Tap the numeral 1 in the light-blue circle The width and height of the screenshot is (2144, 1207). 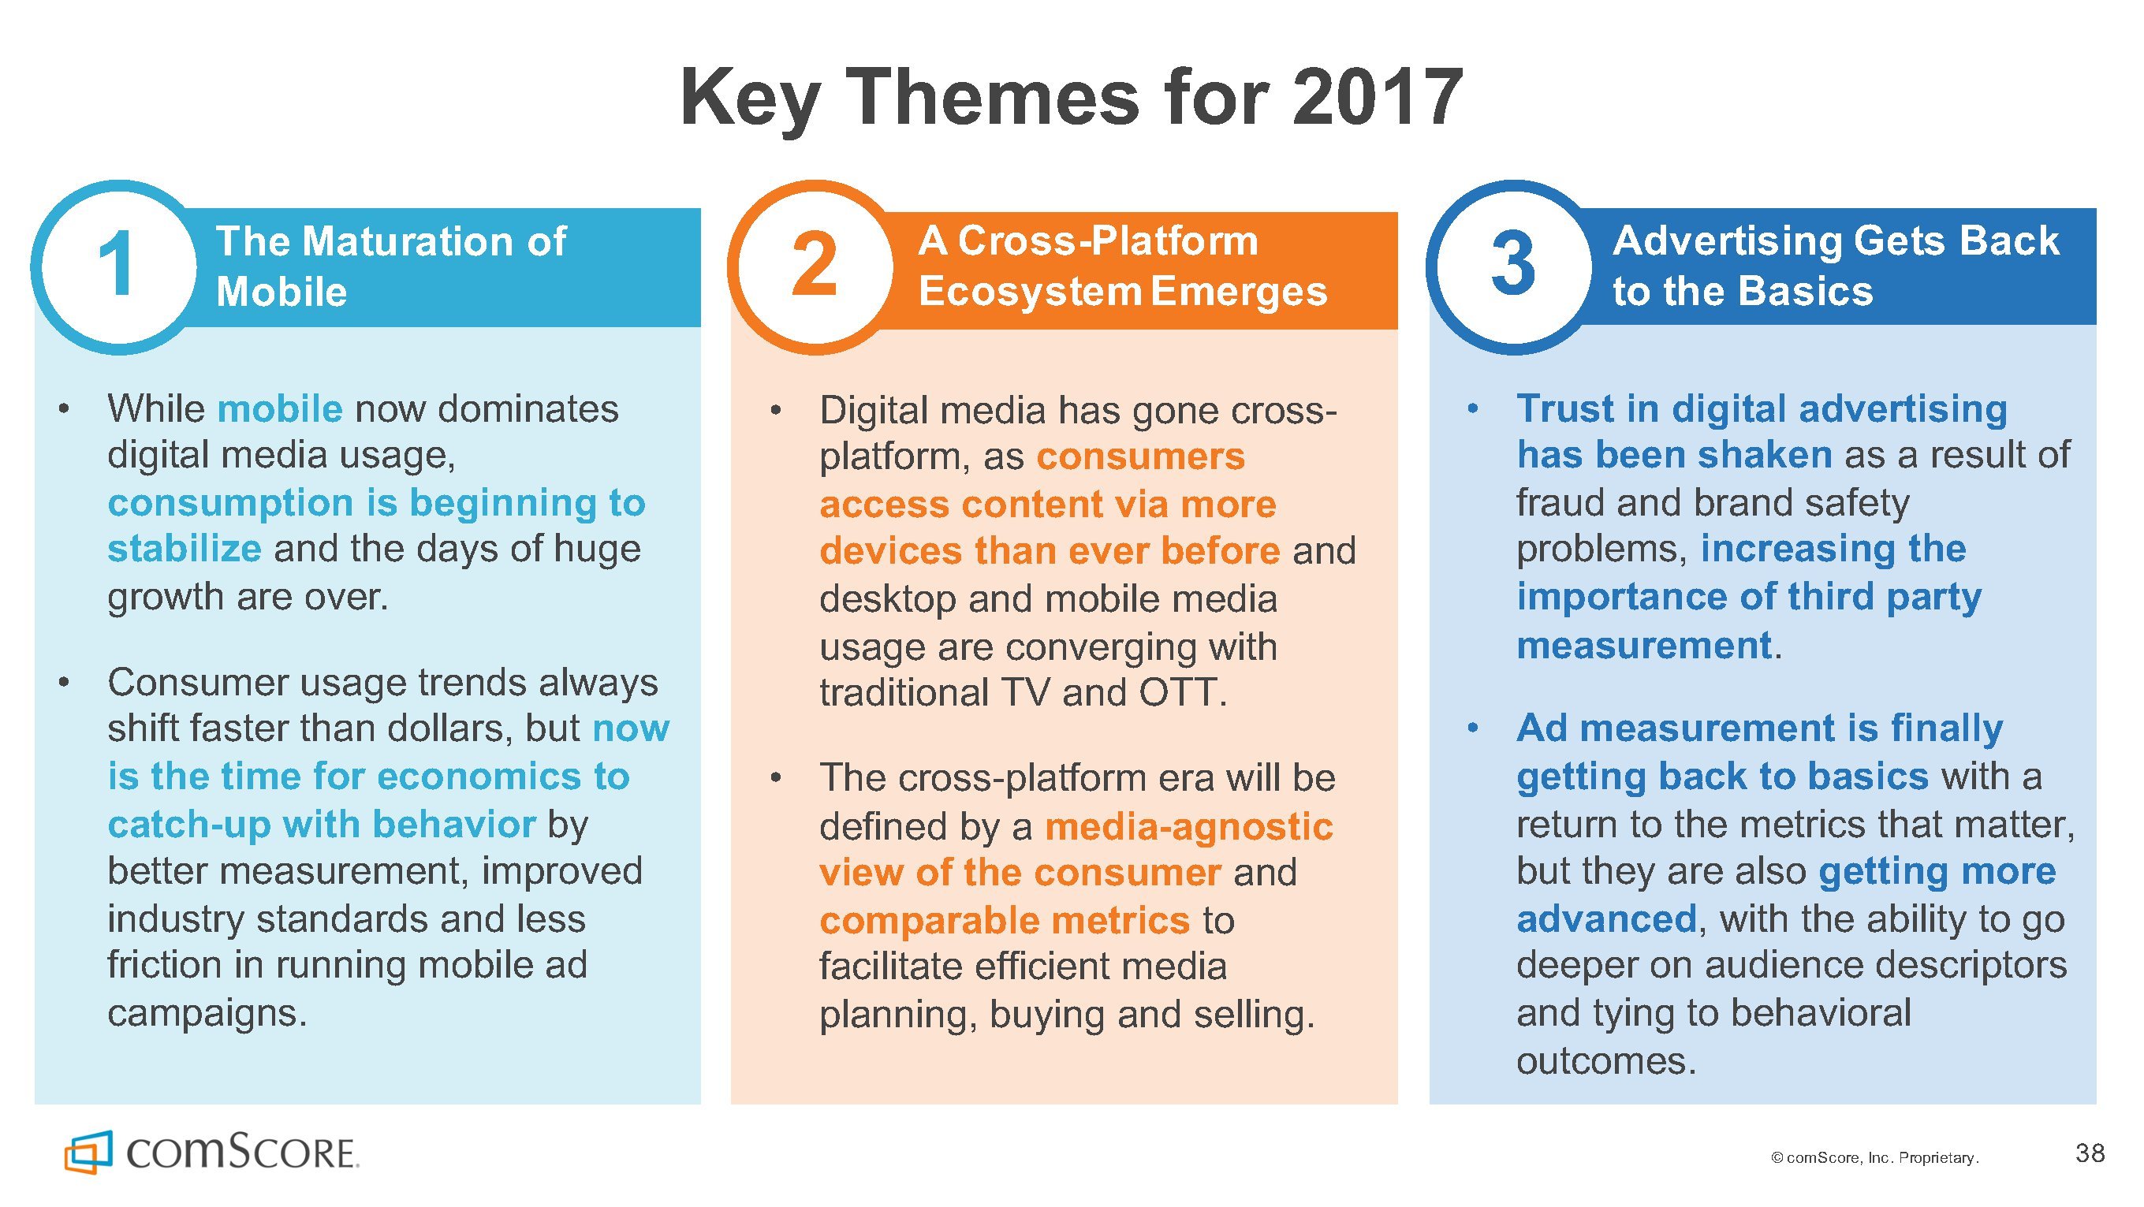tap(117, 265)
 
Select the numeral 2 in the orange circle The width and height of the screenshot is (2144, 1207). tap(814, 265)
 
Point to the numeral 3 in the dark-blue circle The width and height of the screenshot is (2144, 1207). tap(1513, 264)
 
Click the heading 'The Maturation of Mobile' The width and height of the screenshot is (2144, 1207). tap(391, 266)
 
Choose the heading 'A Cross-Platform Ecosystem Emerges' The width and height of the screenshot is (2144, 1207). tap(1123, 266)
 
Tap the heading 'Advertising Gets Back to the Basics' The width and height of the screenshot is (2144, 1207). tap(1836, 266)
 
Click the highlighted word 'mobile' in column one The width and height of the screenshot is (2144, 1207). tap(280, 408)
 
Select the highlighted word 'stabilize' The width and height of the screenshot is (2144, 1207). tap(185, 549)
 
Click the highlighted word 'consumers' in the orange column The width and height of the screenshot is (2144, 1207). tap(1140, 457)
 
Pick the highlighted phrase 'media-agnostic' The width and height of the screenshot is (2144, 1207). tap(1188, 826)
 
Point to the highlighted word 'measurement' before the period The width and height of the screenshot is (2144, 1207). tap(1644, 645)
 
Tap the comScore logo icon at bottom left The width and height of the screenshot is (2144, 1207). tap(88, 1152)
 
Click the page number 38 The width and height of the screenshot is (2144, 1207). tap(2090, 1153)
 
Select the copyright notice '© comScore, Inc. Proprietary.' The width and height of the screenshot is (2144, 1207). tap(1875, 1158)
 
